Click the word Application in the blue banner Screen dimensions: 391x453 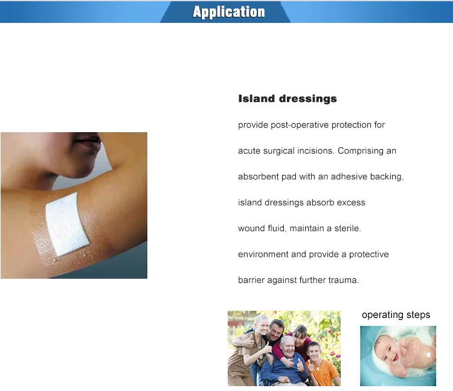pos(229,12)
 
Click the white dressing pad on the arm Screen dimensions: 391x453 pos(67,221)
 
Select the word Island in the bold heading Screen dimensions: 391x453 pos(256,99)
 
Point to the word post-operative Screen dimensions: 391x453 pos(297,125)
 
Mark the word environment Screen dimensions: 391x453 pos(263,255)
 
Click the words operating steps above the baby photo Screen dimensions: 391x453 pos(396,315)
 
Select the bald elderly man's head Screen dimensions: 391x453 pos(286,345)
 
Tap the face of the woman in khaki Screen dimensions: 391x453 pos(259,324)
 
